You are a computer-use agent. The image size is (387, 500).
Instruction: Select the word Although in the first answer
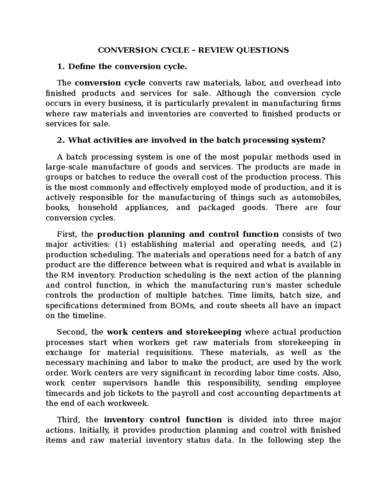(x=233, y=93)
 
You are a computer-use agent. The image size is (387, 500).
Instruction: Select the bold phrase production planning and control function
(x=188, y=234)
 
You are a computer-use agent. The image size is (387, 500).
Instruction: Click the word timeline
(x=89, y=316)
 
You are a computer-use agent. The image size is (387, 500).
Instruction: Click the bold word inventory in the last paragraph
(x=124, y=420)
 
